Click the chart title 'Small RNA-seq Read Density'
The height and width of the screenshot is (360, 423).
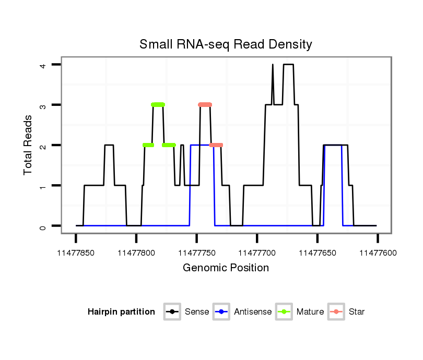click(226, 44)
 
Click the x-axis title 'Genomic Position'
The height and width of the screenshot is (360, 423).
click(226, 268)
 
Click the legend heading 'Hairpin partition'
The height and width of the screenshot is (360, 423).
click(121, 312)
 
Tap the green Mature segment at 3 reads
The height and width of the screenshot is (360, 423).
click(158, 105)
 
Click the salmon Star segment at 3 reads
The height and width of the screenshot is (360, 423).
click(205, 105)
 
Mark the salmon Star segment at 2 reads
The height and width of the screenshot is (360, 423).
click(216, 145)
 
